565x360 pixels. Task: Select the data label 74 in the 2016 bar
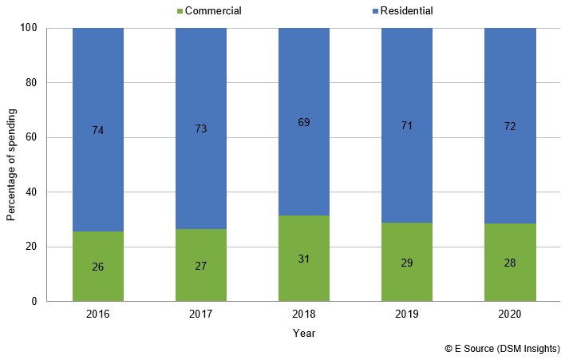(x=98, y=129)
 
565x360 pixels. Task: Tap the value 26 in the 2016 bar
(x=98, y=267)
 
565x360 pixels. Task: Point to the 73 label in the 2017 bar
(x=201, y=129)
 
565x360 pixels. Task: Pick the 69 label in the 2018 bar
(x=304, y=122)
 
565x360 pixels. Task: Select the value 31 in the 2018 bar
(x=304, y=259)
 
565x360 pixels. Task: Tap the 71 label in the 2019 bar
(x=407, y=125)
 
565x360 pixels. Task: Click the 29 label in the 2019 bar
(x=407, y=263)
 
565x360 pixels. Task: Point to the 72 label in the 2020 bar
(x=510, y=129)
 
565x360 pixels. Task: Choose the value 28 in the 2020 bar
(x=510, y=263)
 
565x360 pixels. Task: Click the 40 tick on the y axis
(x=34, y=192)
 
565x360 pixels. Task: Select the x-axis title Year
(x=304, y=332)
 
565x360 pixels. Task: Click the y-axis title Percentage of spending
(x=11, y=164)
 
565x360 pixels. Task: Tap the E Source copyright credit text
(x=502, y=350)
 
